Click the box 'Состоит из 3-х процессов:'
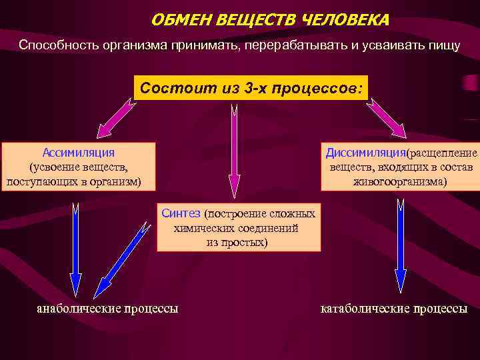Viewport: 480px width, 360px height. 250,87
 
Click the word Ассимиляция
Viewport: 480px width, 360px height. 78,153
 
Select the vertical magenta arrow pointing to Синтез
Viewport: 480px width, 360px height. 234,153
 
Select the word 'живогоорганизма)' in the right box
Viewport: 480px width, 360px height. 400,181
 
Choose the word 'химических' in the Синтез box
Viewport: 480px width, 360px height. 201,228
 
